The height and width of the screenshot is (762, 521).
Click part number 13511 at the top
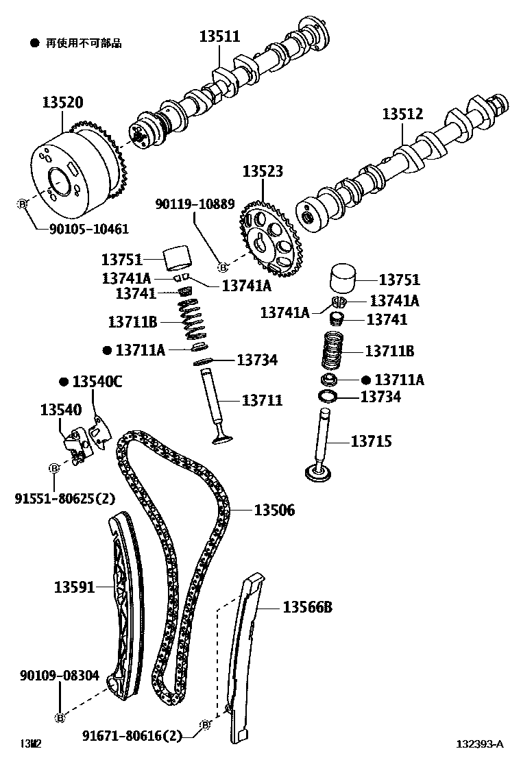(220, 36)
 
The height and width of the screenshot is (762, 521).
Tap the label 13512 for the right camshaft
(402, 114)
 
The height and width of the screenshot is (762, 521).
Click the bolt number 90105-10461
(90, 229)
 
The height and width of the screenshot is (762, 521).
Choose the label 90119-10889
(195, 204)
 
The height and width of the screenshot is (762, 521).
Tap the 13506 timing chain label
(274, 510)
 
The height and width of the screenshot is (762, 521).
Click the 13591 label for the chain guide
(74, 587)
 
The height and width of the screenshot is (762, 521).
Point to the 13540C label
(97, 382)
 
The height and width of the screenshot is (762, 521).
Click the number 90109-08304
(59, 676)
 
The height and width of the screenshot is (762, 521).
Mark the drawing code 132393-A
(481, 744)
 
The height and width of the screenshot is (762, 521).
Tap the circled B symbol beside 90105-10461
(21, 204)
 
